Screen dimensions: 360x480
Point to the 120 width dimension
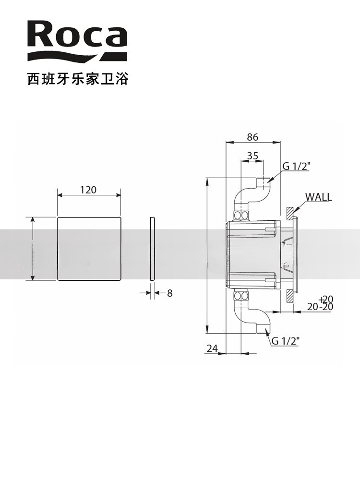coord(88,190)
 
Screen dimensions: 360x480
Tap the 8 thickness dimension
coord(169,293)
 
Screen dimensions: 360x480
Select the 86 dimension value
coord(252,137)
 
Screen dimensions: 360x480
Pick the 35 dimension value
coord(252,156)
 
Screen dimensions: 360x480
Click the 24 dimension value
coord(212,348)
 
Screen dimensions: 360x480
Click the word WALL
coord(318,197)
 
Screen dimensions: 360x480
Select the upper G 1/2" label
coord(296,166)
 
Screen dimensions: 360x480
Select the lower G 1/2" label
coord(285,341)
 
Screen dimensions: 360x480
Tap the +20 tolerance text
coord(326,299)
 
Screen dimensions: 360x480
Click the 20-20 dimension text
coord(320,307)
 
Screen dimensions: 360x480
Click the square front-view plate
coord(89,248)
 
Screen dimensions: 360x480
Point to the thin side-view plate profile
coord(153,248)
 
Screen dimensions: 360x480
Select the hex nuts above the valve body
coord(242,215)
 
